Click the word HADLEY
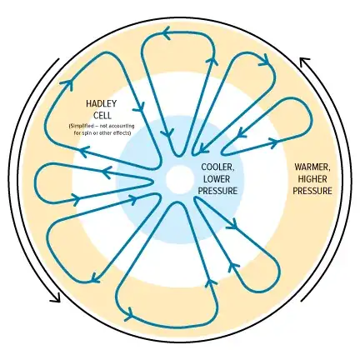100,103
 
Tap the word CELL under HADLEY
100,114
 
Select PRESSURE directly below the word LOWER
217,190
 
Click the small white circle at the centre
178,179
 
